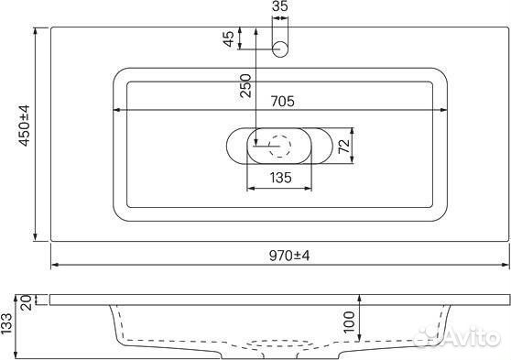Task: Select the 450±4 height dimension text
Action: point(25,125)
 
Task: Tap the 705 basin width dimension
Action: point(282,101)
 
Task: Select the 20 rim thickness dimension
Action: point(25,300)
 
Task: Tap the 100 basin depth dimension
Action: point(348,322)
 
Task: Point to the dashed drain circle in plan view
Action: point(278,146)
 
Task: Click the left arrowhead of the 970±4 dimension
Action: point(54,267)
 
